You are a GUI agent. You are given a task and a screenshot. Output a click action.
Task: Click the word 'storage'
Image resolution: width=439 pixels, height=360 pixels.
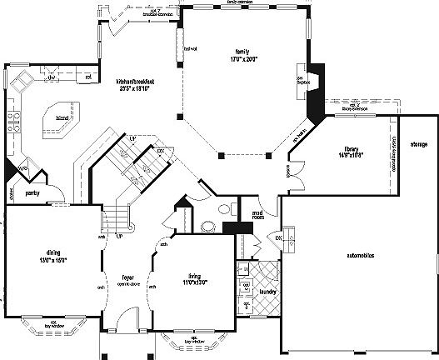tap(418, 144)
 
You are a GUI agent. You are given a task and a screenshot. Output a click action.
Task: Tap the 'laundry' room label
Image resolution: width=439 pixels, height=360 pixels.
tap(267, 292)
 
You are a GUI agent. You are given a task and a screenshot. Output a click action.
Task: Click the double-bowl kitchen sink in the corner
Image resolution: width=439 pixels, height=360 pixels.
tap(22, 80)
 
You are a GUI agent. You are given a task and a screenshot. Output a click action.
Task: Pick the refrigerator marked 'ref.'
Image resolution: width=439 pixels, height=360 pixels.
tap(87, 77)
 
